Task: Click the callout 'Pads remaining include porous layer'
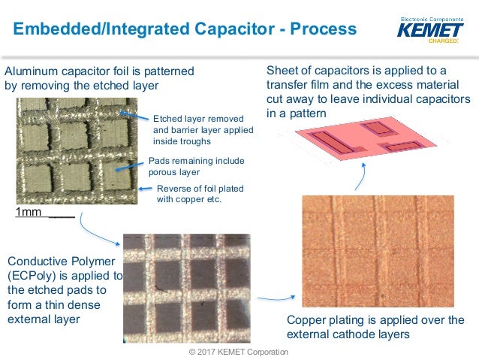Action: click(196, 166)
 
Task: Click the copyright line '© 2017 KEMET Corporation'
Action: click(239, 352)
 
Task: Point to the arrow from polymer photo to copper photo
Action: click(267, 298)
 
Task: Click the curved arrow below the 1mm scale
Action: click(101, 228)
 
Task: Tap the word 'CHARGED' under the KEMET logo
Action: click(442, 41)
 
